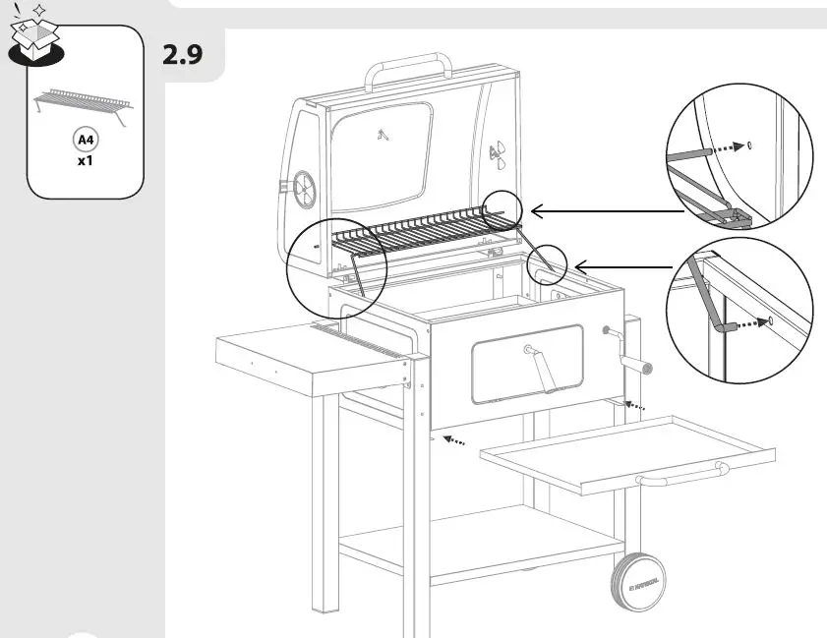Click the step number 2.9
[182, 54]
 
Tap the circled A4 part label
[85, 141]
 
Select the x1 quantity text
[85, 160]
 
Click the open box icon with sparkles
[34, 37]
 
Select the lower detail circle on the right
[738, 310]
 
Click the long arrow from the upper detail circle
[605, 209]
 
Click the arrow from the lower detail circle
[625, 265]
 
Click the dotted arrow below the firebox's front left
[453, 440]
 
